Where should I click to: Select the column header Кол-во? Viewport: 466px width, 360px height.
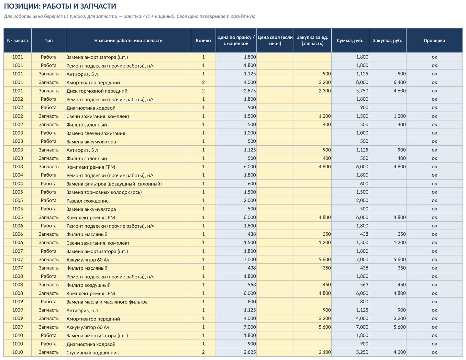203,40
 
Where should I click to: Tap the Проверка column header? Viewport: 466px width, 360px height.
434,40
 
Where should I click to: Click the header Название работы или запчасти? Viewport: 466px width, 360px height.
128,40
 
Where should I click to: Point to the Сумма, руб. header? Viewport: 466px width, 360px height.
350,40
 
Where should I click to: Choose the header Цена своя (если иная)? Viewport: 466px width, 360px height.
275,40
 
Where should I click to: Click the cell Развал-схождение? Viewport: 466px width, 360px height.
87,201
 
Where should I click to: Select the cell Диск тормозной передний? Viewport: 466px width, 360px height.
97,91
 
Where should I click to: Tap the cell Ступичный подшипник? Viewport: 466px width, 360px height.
93,353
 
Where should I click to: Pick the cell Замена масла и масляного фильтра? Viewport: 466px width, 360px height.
107,302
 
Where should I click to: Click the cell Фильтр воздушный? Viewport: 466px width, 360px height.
88,285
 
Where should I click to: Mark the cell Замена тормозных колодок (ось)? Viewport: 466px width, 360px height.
104,192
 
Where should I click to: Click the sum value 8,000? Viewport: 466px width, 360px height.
362,82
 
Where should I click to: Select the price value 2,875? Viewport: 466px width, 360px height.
250,91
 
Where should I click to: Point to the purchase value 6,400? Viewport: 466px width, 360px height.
400,82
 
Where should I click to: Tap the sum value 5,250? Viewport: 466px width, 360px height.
362,352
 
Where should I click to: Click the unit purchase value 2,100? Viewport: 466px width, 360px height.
325,352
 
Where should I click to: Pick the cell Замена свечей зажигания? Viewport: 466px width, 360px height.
96,133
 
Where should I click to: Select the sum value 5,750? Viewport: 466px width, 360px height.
362,91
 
